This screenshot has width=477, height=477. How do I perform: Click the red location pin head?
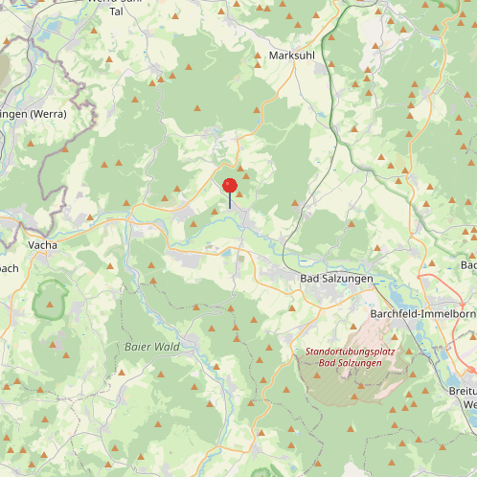click(x=230, y=186)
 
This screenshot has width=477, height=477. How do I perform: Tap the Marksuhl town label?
click(x=293, y=57)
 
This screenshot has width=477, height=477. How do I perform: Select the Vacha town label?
click(x=42, y=245)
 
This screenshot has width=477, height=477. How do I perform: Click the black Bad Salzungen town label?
click(x=335, y=278)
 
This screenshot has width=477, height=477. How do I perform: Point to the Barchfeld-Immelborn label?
click(x=422, y=313)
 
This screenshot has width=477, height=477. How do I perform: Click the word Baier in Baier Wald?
click(x=139, y=346)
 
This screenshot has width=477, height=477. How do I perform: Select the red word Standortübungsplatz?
click(x=350, y=352)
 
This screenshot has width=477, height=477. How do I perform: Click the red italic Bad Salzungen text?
click(x=350, y=364)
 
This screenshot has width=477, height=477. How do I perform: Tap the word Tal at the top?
click(x=117, y=11)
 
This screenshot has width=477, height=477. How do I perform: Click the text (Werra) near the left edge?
click(x=48, y=114)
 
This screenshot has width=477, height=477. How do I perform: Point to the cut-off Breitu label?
click(x=463, y=391)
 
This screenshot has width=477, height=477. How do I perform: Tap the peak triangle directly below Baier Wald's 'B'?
click(x=127, y=368)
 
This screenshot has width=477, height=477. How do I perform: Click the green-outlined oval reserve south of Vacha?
click(x=50, y=303)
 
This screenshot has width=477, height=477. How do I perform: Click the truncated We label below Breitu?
click(x=469, y=404)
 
